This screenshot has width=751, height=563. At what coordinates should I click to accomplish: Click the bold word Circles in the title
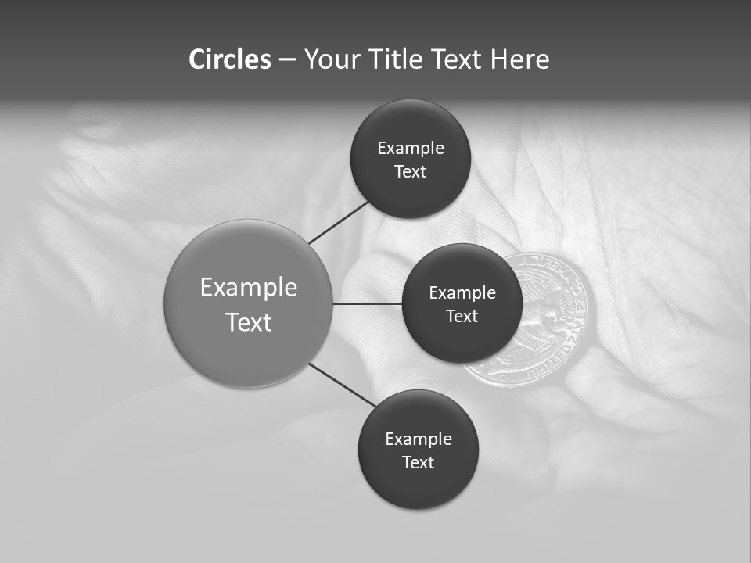coord(229,59)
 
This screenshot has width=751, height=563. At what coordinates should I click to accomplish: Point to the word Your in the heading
coord(329,59)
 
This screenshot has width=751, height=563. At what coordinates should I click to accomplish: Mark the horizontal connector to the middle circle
coord(367,303)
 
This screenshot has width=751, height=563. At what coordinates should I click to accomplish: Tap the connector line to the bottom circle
coord(343,384)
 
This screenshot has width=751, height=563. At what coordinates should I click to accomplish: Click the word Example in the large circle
coord(249,288)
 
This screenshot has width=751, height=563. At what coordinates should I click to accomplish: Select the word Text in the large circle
coord(249,322)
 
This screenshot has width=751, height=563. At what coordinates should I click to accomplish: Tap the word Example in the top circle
coord(411,149)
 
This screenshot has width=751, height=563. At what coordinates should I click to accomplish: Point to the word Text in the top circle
coord(411,172)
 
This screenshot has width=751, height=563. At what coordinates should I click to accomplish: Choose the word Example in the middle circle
coord(462,293)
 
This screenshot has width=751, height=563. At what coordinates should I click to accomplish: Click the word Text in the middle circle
coord(462,317)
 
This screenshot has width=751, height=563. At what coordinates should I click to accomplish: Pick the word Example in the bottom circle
coord(419,439)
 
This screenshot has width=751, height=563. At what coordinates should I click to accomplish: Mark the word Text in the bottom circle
coord(419,463)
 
